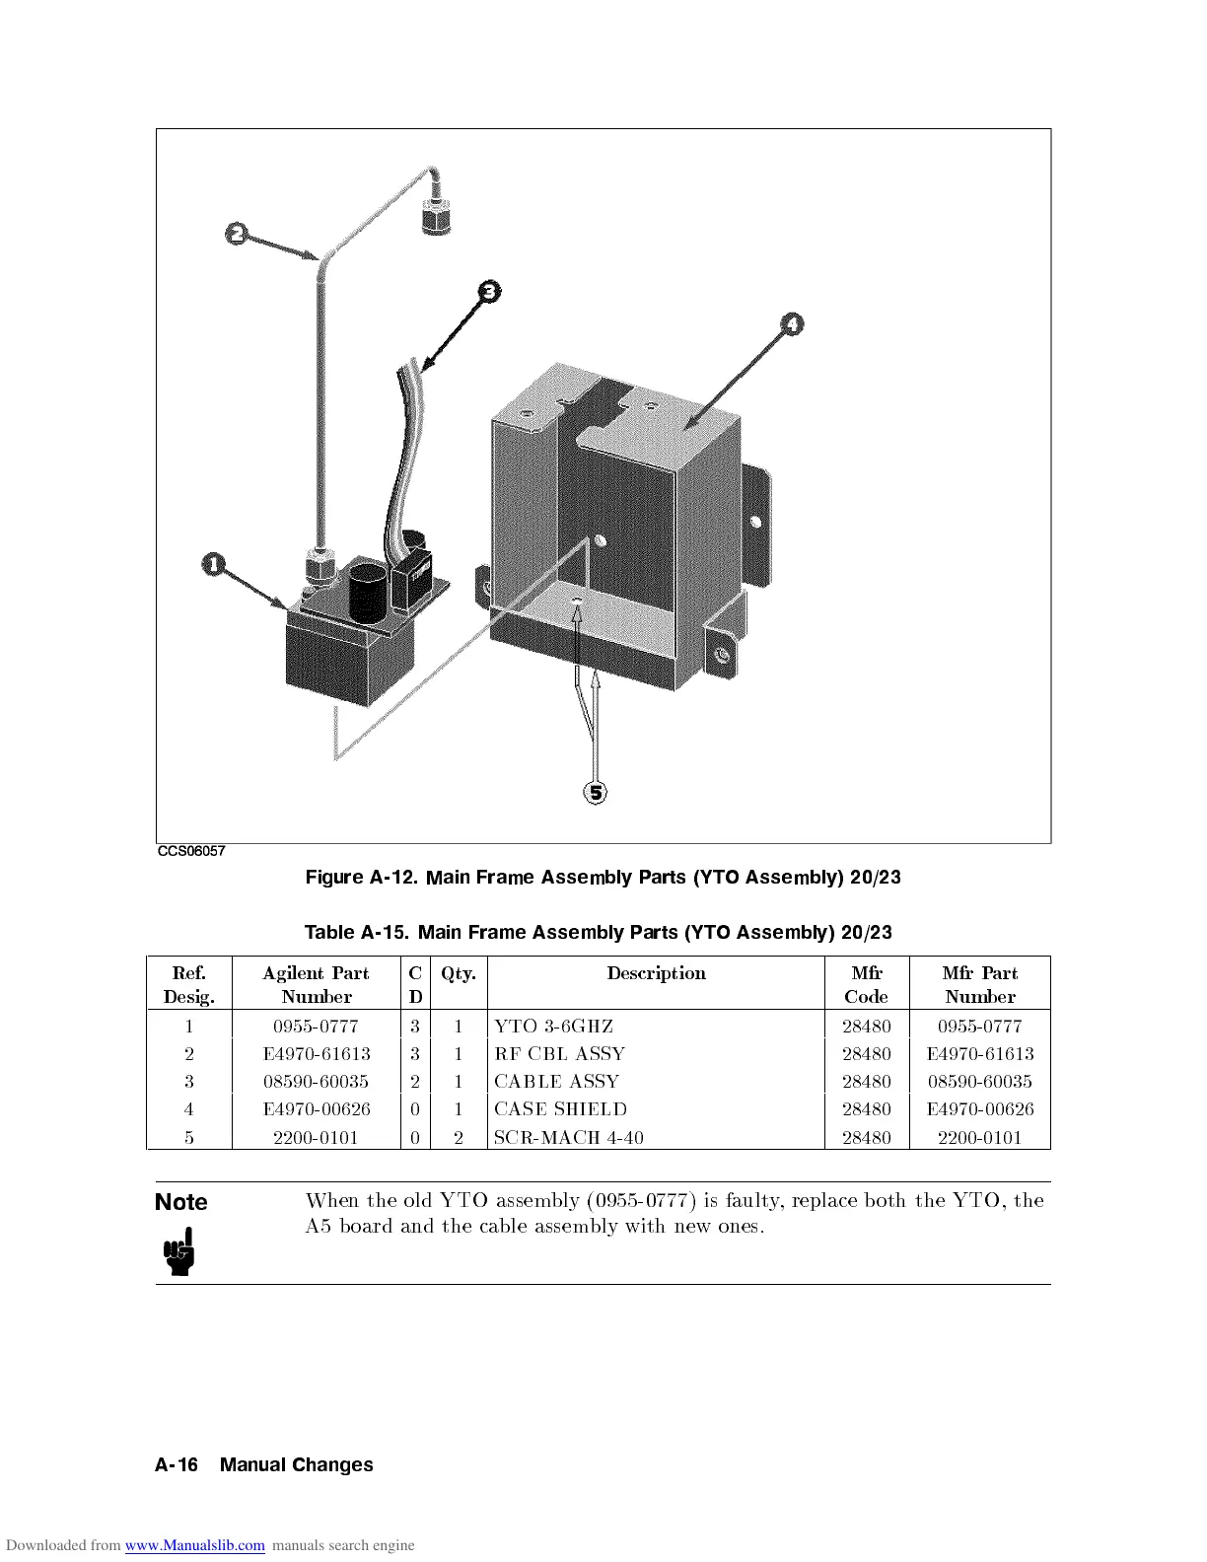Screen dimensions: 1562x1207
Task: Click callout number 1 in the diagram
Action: [x=213, y=564]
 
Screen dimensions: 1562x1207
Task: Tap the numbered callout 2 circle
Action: [x=236, y=234]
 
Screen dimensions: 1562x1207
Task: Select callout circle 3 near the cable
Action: [x=489, y=290]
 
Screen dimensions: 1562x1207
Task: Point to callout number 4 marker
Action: [x=792, y=323]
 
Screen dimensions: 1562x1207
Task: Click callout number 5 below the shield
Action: [x=595, y=792]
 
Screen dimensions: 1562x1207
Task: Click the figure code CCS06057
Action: [x=191, y=851]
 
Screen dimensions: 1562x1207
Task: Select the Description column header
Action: [x=656, y=973]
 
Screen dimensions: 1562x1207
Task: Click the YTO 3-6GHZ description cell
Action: [x=554, y=1027]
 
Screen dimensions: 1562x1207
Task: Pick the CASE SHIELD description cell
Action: [x=560, y=1109]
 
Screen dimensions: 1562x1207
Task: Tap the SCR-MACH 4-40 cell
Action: [x=569, y=1137]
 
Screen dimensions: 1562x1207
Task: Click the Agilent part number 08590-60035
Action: [x=317, y=1082]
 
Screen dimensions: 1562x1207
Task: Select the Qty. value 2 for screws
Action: [x=459, y=1137]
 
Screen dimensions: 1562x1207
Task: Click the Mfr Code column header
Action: [x=866, y=984]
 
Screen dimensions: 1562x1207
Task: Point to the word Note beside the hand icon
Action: [x=181, y=1202]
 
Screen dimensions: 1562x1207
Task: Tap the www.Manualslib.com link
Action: [x=195, y=1545]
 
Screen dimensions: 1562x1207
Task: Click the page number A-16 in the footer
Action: [x=177, y=1464]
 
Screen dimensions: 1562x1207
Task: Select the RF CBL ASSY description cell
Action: [x=559, y=1054]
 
